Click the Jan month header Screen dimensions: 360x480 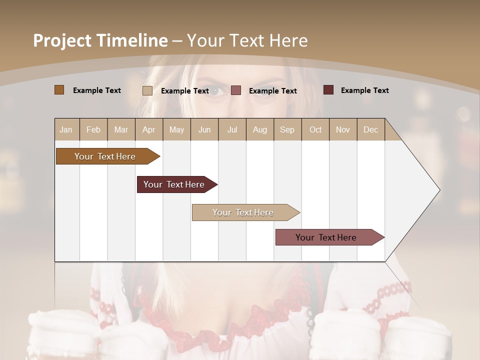pyautogui.click(x=66, y=129)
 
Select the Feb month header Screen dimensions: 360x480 pyautogui.click(x=93, y=129)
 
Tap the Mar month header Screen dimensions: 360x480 pyautogui.click(x=121, y=129)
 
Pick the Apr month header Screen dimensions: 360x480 pyautogui.click(x=149, y=129)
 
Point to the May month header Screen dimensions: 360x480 pyautogui.click(x=176, y=129)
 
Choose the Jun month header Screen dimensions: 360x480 pyautogui.click(x=204, y=129)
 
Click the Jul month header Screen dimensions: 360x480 pyautogui.click(x=232, y=129)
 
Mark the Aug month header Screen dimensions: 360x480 pyautogui.click(x=260, y=129)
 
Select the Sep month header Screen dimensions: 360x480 pyautogui.click(x=287, y=129)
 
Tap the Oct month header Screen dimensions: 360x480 pyautogui.click(x=315, y=129)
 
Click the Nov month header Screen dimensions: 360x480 pyautogui.click(x=343, y=129)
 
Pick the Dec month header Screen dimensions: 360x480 pyautogui.click(x=371, y=129)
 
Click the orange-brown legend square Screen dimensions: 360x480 pyautogui.click(x=59, y=90)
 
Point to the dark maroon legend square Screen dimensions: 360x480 pyautogui.click(x=328, y=90)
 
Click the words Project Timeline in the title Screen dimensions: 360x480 pyautogui.click(x=100, y=40)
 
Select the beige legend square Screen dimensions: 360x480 pyautogui.click(x=147, y=90)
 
